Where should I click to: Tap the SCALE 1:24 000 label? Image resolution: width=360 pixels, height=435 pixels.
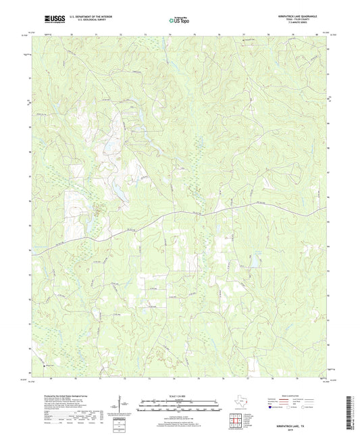point(179,397)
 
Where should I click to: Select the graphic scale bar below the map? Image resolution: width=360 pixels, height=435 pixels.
point(179,405)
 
